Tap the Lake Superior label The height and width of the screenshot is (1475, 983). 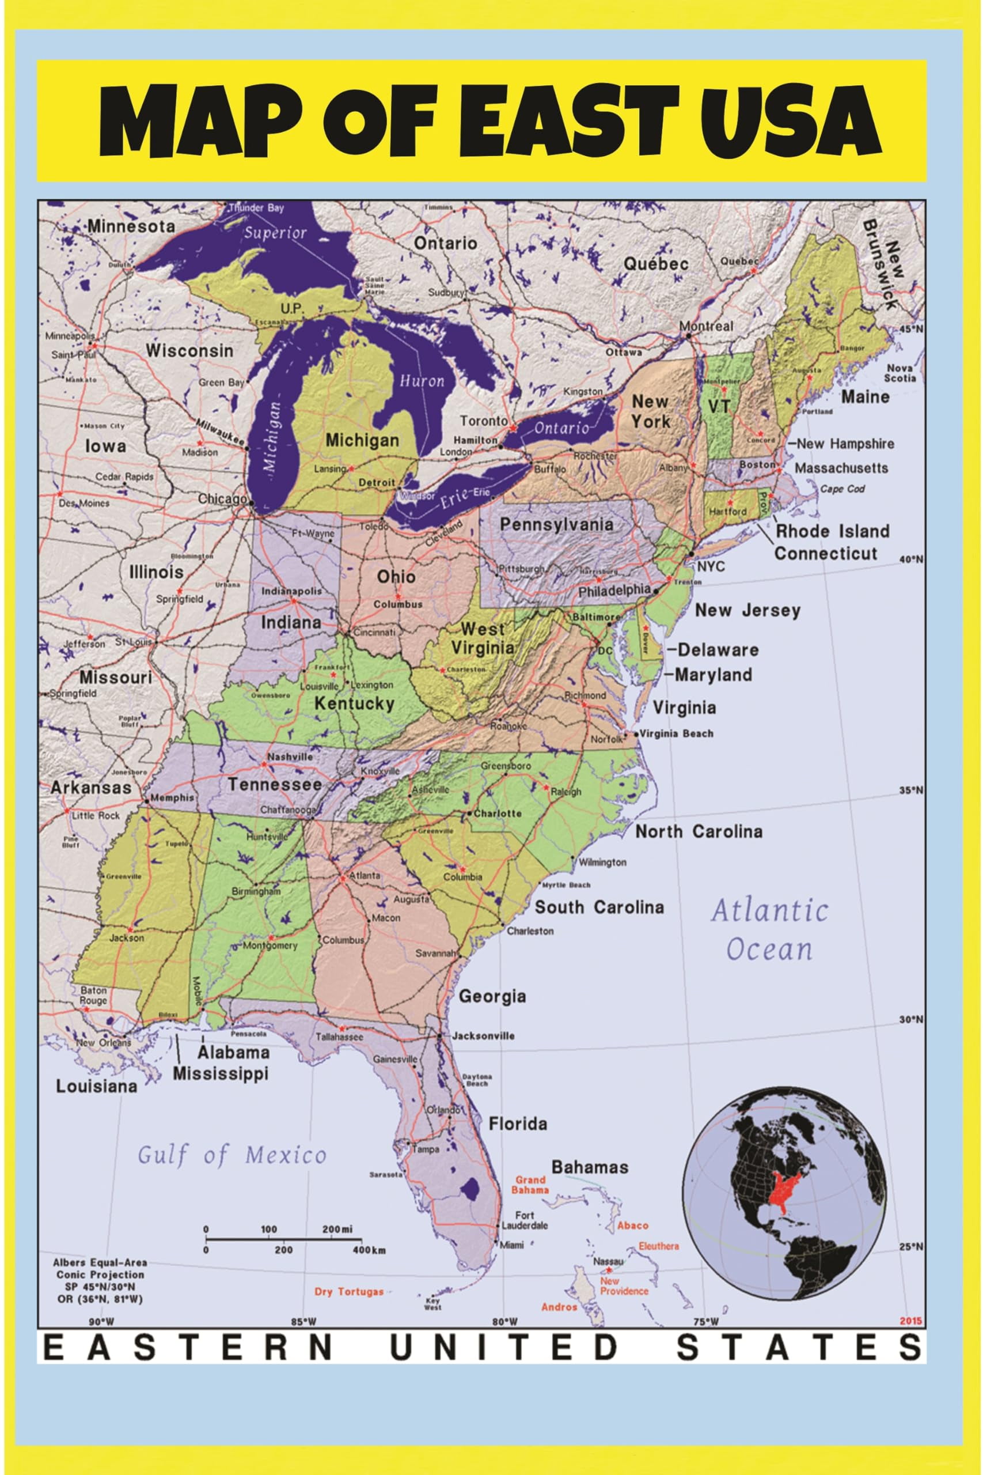pos(275,233)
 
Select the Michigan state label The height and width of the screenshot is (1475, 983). pos(362,440)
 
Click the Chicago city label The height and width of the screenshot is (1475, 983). pos(222,499)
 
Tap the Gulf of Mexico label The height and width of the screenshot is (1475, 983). pos(232,1155)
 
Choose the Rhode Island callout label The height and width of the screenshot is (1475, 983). pos(833,531)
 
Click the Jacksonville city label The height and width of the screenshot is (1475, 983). pos(483,1035)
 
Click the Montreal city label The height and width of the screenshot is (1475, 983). pos(706,326)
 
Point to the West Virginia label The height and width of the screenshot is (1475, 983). pos(483,638)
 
